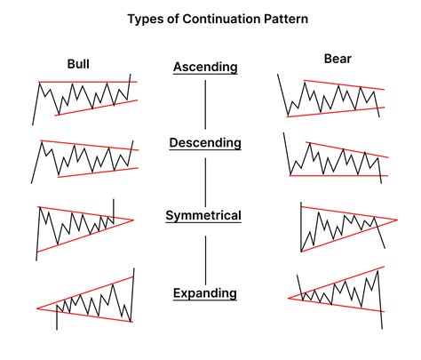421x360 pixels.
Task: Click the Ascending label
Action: [205, 67]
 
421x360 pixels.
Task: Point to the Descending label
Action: [205, 142]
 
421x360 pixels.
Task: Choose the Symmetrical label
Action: [205, 216]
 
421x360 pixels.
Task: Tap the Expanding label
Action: [205, 292]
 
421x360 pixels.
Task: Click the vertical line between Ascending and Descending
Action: [205, 105]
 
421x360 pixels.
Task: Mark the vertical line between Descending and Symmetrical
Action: [205, 180]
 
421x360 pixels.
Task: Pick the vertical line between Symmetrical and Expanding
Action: [205, 254]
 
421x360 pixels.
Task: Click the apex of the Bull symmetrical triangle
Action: [133, 219]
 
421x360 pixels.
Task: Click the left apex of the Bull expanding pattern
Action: [36, 308]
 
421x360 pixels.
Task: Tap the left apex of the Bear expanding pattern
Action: [290, 299]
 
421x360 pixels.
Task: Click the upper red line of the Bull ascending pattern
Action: [84, 83]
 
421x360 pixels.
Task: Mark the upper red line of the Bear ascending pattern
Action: [342, 85]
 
